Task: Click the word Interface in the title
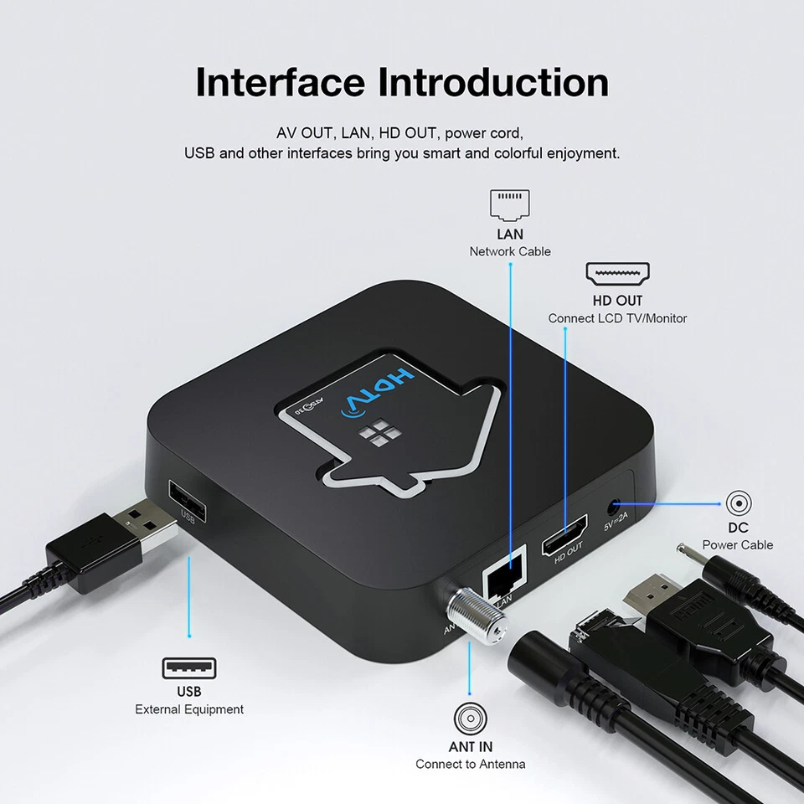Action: tap(281, 83)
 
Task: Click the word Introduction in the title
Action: tap(493, 83)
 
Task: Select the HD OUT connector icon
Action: tap(617, 275)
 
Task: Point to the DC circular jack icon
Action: tap(738, 503)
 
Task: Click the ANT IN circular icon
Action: tap(470, 719)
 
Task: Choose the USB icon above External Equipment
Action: tap(188, 667)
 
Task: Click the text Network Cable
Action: tap(510, 251)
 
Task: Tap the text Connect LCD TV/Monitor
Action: tap(617, 318)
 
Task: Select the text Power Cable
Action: tap(738, 544)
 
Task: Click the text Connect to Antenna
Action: tap(470, 764)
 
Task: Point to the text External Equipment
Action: tap(189, 709)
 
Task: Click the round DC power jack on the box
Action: tap(616, 507)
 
